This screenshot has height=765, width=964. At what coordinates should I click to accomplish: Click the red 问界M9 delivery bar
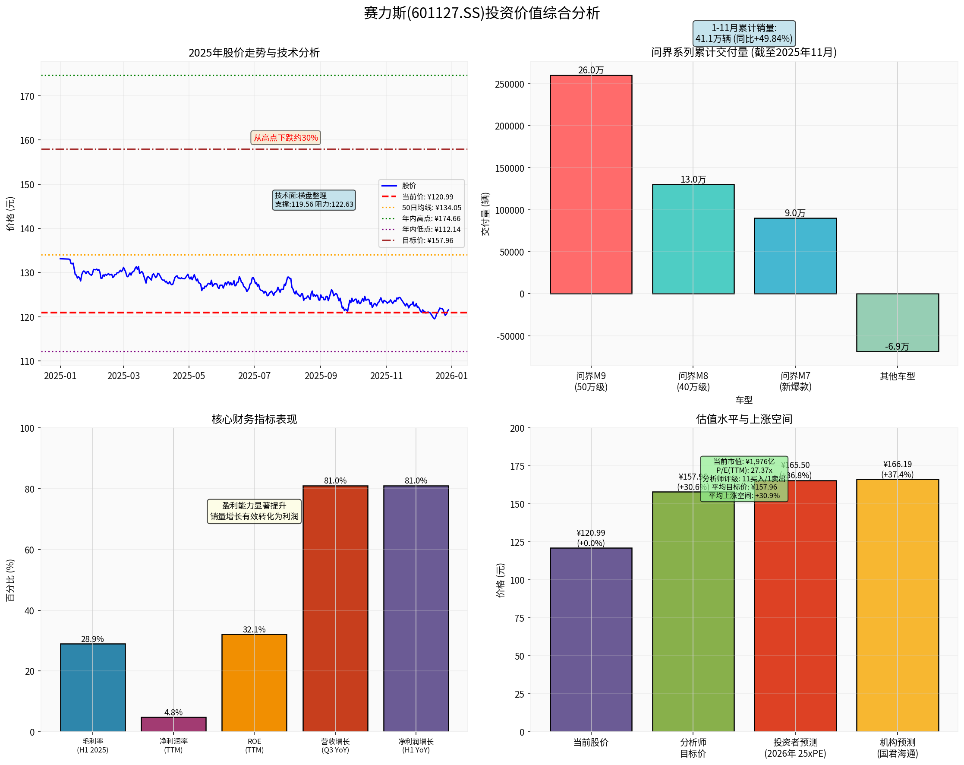pyautogui.click(x=591, y=184)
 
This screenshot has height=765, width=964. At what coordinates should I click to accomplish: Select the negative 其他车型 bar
pyautogui.click(x=897, y=322)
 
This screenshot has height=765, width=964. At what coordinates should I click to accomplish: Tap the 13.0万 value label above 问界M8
pyautogui.click(x=693, y=180)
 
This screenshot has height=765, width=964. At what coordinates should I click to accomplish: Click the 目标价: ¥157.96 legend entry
pyautogui.click(x=427, y=240)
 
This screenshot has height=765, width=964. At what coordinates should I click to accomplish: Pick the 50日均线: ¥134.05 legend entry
pyautogui.click(x=431, y=208)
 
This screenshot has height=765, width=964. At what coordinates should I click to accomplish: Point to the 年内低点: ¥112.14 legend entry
pyautogui.click(x=431, y=229)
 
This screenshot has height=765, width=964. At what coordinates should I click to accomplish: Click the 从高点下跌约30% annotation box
pyautogui.click(x=286, y=138)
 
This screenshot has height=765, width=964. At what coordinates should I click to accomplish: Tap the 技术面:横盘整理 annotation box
pyautogui.click(x=314, y=200)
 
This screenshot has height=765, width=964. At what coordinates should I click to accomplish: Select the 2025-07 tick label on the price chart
pyautogui.click(x=254, y=376)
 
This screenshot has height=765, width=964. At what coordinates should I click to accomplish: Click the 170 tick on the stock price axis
pyautogui.click(x=27, y=96)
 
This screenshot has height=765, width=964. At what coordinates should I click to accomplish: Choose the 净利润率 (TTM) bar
pyautogui.click(x=173, y=724)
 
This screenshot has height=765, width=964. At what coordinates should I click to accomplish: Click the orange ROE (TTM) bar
pyautogui.click(x=254, y=682)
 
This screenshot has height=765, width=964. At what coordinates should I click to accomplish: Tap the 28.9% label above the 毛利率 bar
pyautogui.click(x=92, y=639)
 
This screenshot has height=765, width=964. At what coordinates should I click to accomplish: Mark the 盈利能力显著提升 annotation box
pyautogui.click(x=254, y=511)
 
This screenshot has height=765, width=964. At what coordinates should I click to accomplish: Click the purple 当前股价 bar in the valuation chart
pyautogui.click(x=591, y=639)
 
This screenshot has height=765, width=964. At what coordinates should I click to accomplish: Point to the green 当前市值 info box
pyautogui.click(x=743, y=478)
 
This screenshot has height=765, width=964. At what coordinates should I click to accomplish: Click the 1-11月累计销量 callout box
pyautogui.click(x=743, y=33)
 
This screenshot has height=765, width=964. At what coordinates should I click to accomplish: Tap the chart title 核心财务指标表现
pyautogui.click(x=254, y=419)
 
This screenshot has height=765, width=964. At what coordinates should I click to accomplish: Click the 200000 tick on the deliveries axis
pyautogui.click(x=509, y=126)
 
